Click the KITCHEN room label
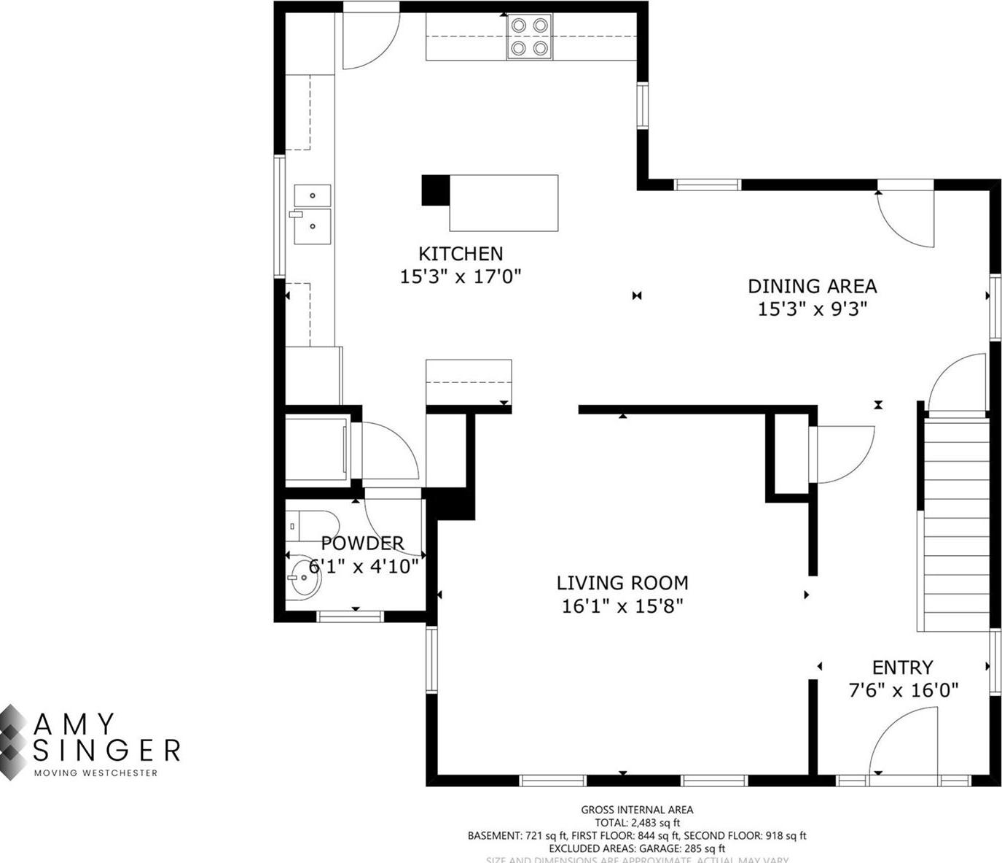point(460,254)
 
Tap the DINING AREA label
point(812,286)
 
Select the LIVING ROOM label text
point(622,583)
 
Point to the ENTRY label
point(902,667)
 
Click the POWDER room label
point(362,543)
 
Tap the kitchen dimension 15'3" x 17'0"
point(460,276)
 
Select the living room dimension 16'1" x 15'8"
point(622,605)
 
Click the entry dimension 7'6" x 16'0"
point(903,690)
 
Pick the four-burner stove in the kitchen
point(529,36)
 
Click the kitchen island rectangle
point(504,203)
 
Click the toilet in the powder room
point(313,525)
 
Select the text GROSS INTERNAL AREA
point(637,809)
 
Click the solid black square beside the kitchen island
point(435,190)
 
